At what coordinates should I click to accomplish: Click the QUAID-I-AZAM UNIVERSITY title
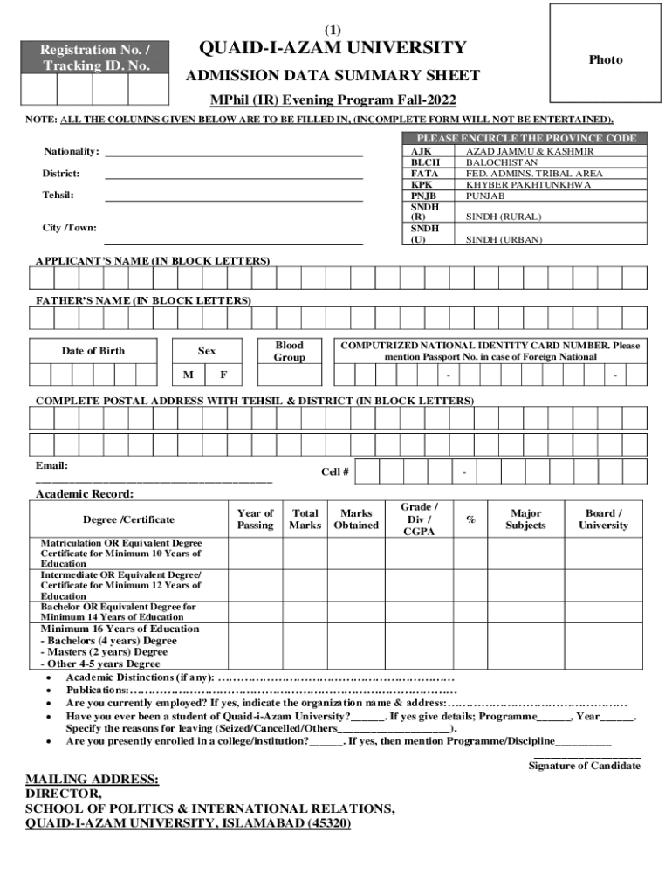pyautogui.click(x=333, y=48)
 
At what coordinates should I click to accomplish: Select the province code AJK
pyautogui.click(x=420, y=151)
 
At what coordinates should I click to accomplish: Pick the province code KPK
pyautogui.click(x=422, y=185)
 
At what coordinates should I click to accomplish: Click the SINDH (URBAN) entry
pyautogui.click(x=504, y=239)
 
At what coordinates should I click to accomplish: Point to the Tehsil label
pyautogui.click(x=58, y=195)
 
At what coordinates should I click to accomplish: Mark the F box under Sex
pyautogui.click(x=223, y=375)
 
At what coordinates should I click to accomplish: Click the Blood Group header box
pyautogui.click(x=289, y=351)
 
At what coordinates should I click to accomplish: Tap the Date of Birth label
pyautogui.click(x=93, y=351)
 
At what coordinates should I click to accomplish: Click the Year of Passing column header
pyautogui.click(x=255, y=519)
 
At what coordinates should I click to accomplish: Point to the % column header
pyautogui.click(x=470, y=519)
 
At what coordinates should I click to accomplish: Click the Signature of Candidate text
pyautogui.click(x=584, y=766)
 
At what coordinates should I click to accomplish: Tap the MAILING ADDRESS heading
pyautogui.click(x=93, y=779)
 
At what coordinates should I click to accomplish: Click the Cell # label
pyautogui.click(x=335, y=472)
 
